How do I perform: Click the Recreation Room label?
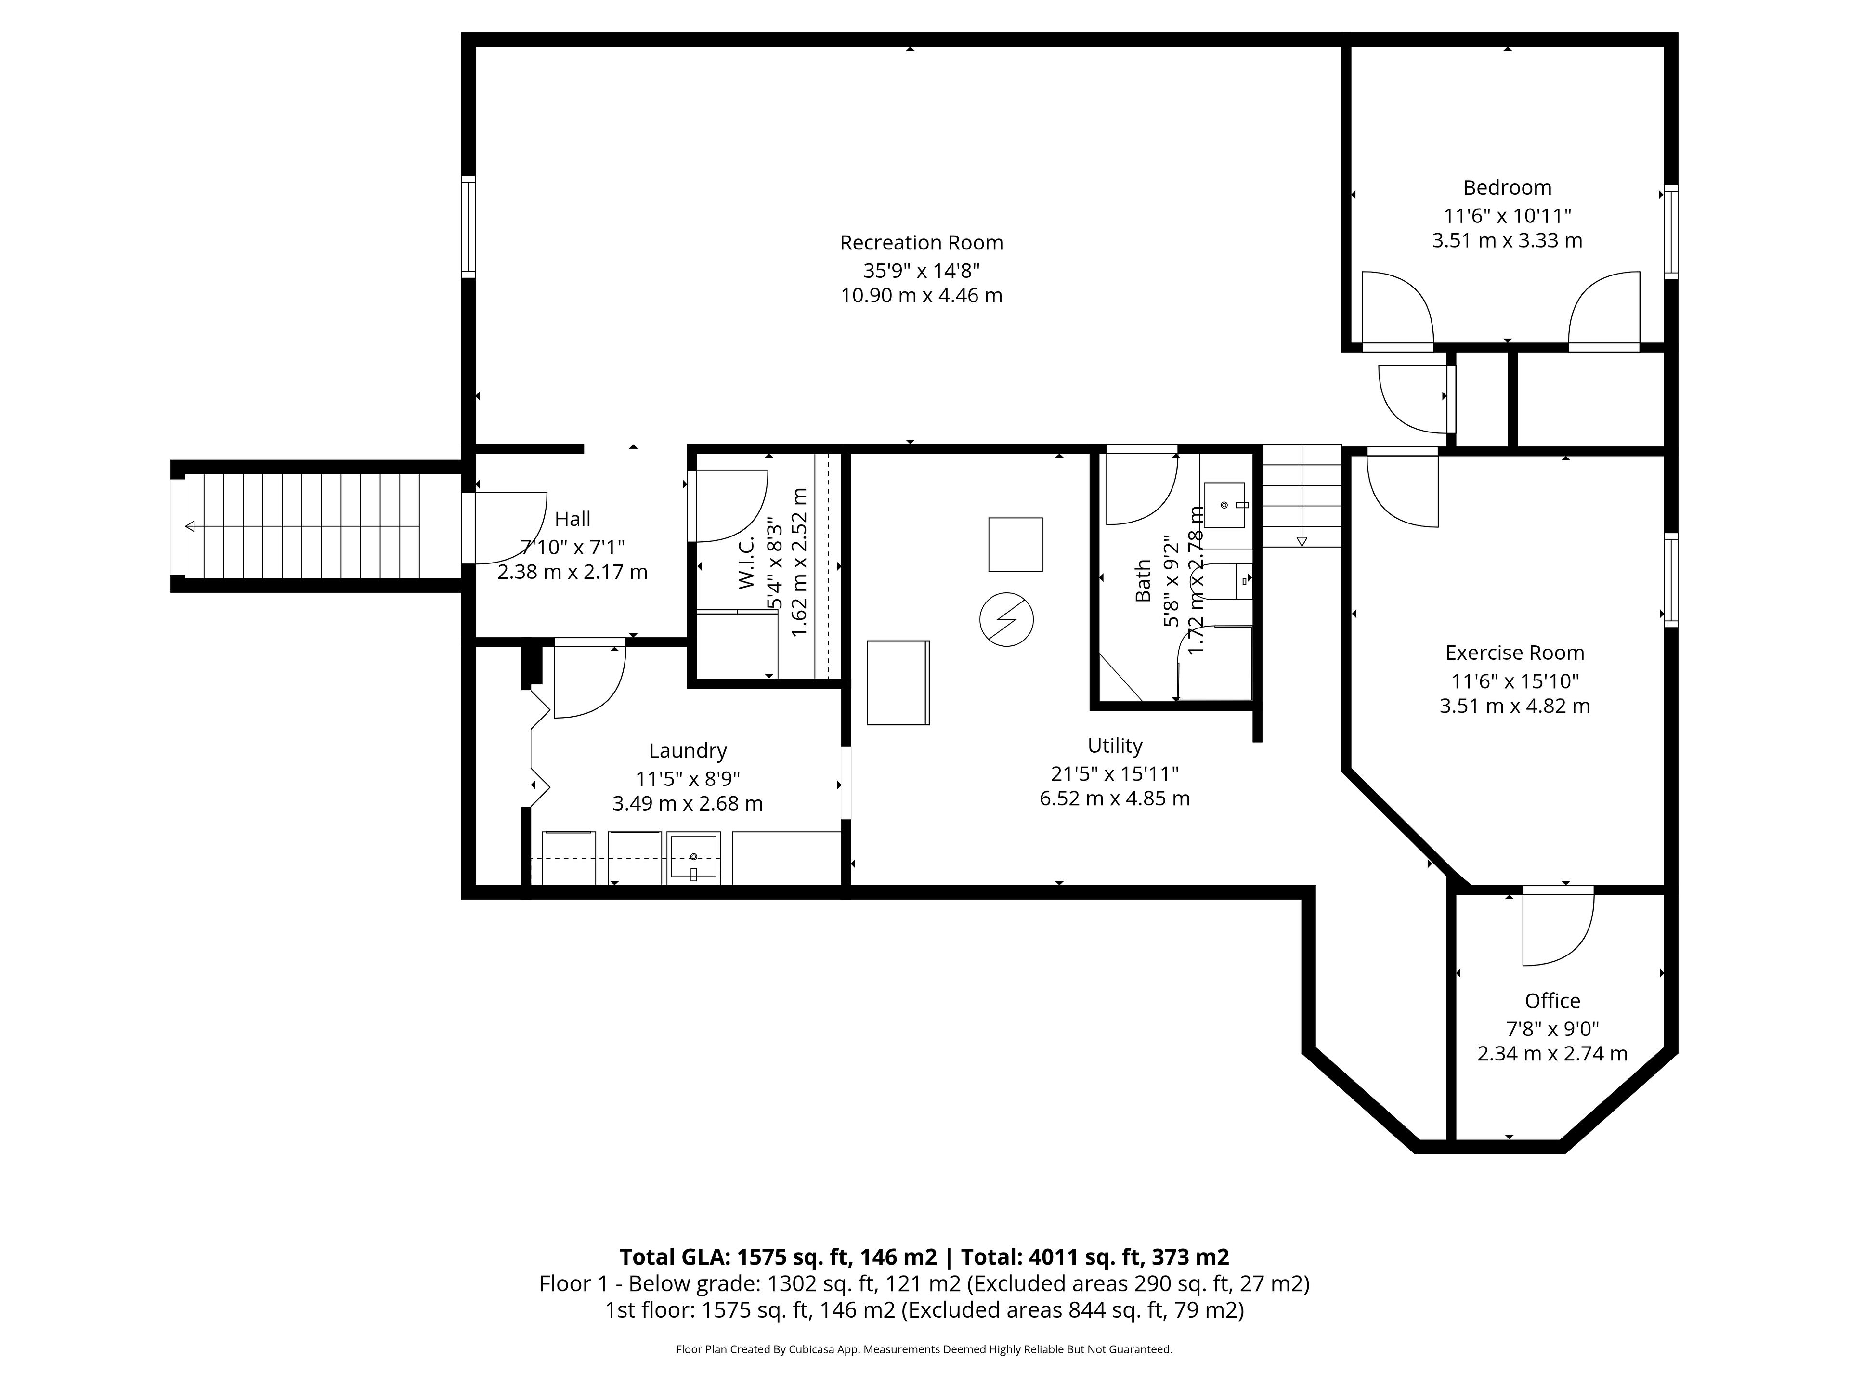pos(921,242)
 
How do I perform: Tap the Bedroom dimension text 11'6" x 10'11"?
pos(1507,215)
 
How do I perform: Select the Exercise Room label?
pos(1515,653)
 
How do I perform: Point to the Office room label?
pos(1552,1001)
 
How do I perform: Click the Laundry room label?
pos(688,751)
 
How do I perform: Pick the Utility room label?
pos(1115,746)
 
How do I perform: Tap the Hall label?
pos(573,519)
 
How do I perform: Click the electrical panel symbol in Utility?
pos(1006,619)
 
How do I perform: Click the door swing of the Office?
pos(1558,929)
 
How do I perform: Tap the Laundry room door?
pos(589,680)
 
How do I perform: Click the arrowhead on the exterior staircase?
pos(191,526)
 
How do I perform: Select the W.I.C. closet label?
pos(746,563)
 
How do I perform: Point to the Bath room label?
pos(1143,580)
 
